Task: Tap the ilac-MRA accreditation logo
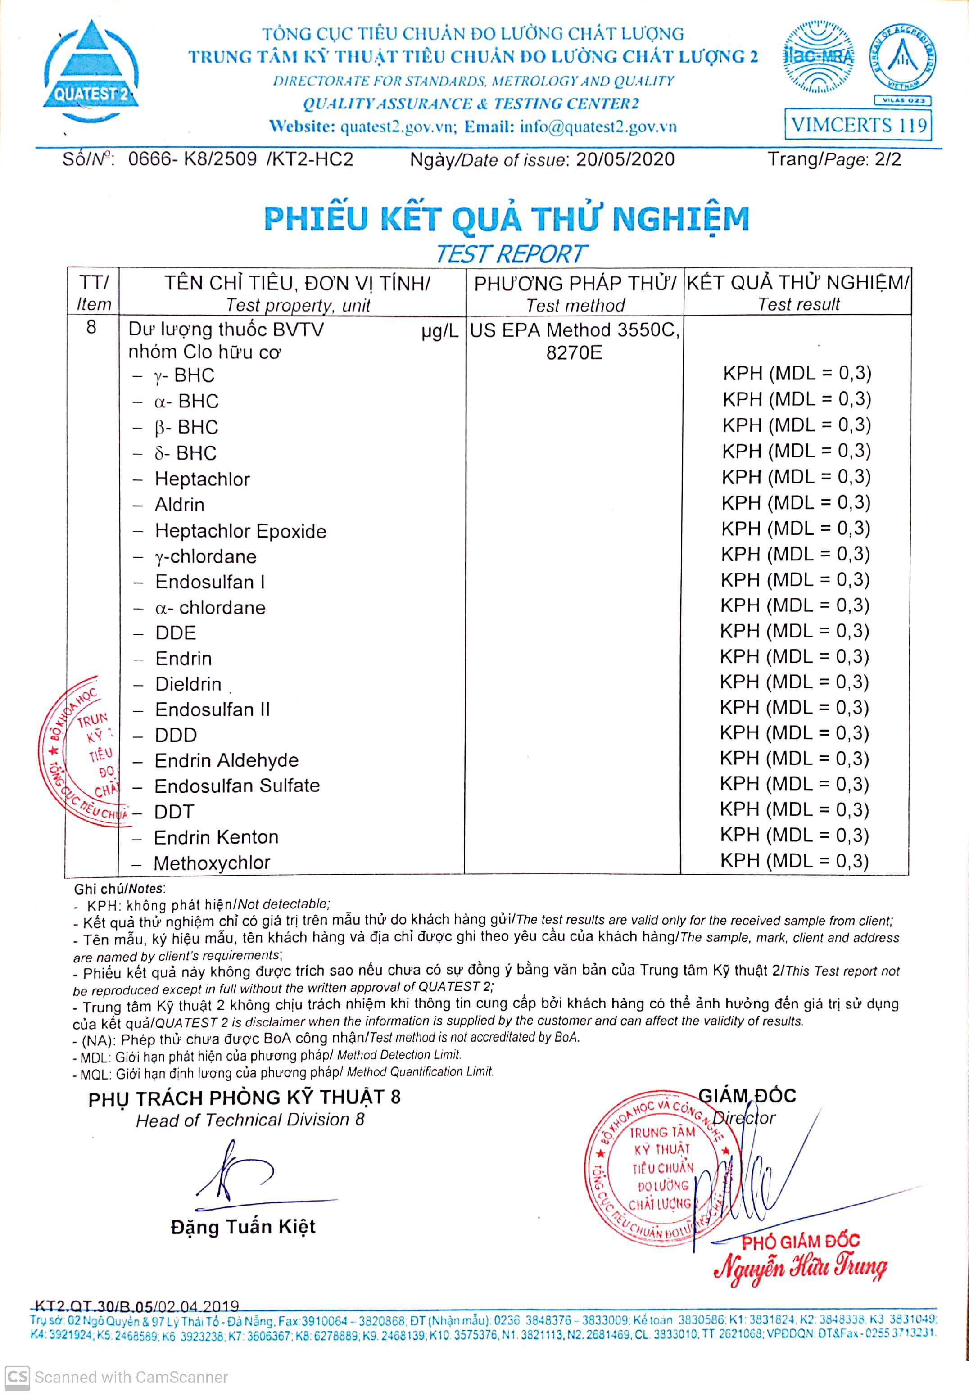click(819, 57)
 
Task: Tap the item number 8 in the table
click(91, 328)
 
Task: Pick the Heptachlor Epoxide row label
click(240, 531)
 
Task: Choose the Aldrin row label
click(180, 505)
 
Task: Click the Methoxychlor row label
click(212, 863)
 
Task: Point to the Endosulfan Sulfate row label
click(237, 786)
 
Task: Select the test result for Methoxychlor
click(794, 861)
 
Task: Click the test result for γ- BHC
click(797, 373)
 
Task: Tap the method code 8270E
click(574, 352)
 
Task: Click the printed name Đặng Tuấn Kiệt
click(243, 1227)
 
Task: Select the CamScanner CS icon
click(16, 1377)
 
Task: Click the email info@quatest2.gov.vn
click(598, 127)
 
